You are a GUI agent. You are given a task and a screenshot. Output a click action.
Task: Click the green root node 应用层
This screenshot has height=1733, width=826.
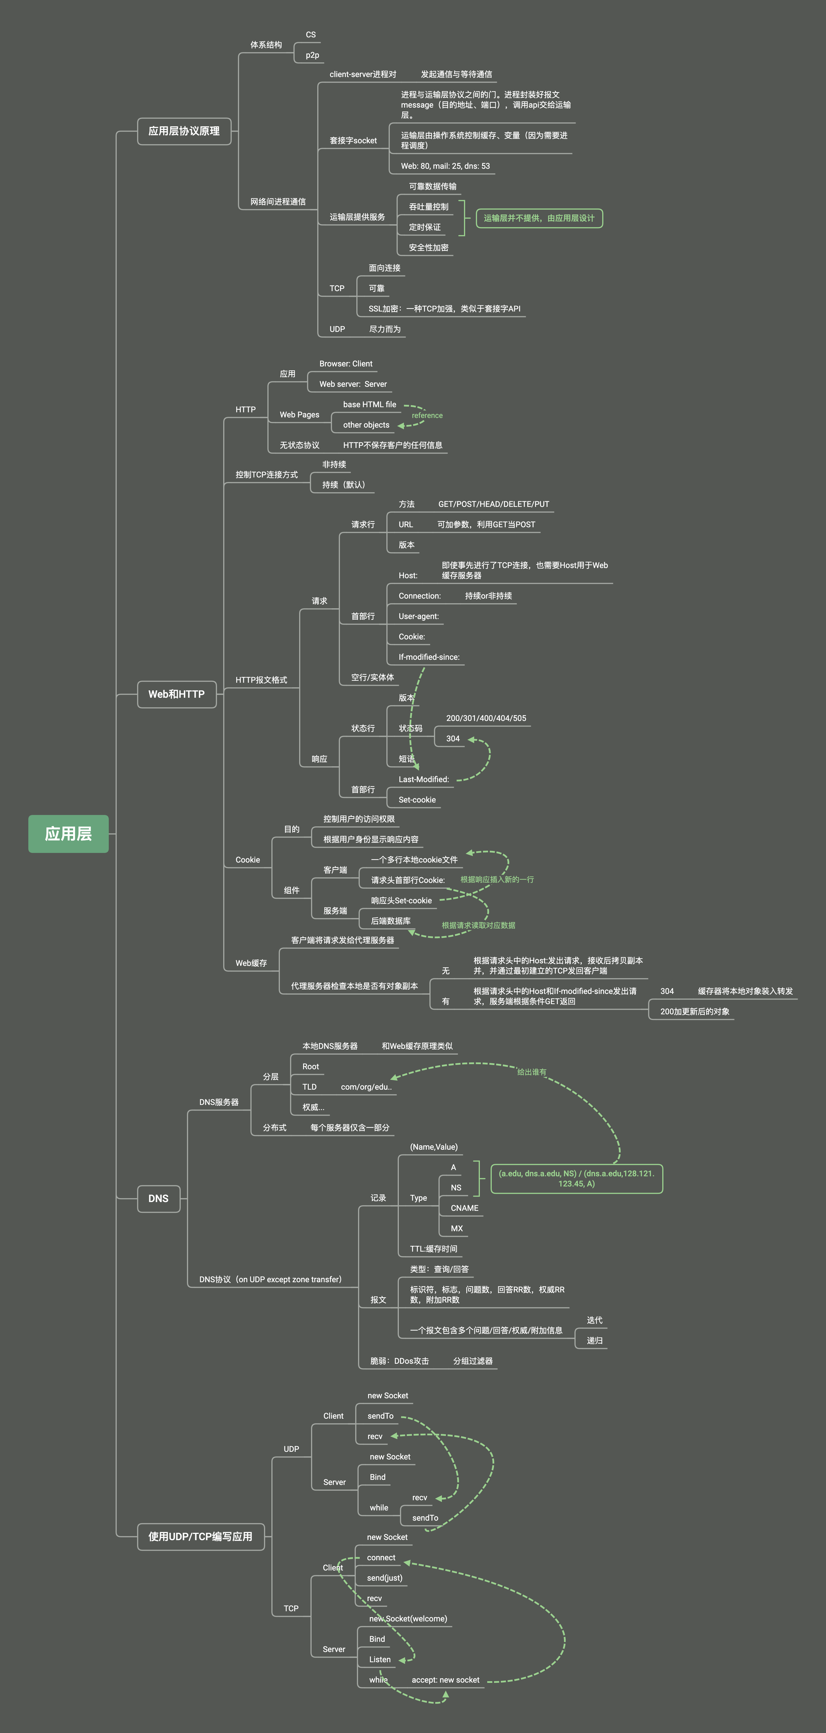pyautogui.click(x=68, y=834)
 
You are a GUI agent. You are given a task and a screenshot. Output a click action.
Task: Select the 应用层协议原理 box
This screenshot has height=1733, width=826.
pyautogui.click(x=184, y=131)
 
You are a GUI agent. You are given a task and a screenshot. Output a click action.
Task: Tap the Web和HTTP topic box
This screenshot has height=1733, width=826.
pyautogui.click(x=176, y=694)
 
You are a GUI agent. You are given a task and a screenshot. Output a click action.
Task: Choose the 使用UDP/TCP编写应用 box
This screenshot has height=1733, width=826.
pyautogui.click(x=201, y=1536)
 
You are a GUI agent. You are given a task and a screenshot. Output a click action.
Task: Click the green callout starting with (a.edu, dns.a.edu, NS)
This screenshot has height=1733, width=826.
pyautogui.click(x=576, y=1179)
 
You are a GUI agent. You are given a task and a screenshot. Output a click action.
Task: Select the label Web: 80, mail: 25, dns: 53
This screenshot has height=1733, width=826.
pyautogui.click(x=445, y=166)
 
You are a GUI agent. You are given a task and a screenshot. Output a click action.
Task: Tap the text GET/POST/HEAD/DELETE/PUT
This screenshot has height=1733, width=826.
pyautogui.click(x=493, y=504)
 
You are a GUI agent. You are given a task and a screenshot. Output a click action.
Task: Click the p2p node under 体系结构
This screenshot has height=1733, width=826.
pyautogui.click(x=312, y=55)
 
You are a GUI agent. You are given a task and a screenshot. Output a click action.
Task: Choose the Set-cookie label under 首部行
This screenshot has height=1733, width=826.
pyautogui.click(x=417, y=800)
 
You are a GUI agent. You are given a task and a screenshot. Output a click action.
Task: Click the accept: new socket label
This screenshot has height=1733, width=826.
pyautogui.click(x=446, y=1680)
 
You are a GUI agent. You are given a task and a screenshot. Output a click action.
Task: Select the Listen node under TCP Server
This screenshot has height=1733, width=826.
pyautogui.click(x=380, y=1660)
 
